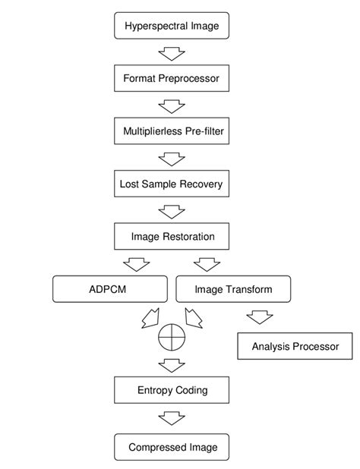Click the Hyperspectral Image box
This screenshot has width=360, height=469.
click(x=171, y=26)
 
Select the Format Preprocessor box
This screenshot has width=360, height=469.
click(x=171, y=78)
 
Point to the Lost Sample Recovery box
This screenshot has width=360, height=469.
click(x=171, y=184)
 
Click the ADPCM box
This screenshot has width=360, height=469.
click(x=110, y=289)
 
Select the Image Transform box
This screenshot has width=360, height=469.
click(x=233, y=289)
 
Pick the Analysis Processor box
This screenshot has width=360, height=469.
click(x=295, y=347)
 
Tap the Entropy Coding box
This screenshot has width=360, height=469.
click(x=171, y=390)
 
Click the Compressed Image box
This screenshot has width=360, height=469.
click(x=171, y=447)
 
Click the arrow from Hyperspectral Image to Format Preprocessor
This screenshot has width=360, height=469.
click(x=171, y=52)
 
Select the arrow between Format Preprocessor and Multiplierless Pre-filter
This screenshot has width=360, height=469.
click(x=171, y=105)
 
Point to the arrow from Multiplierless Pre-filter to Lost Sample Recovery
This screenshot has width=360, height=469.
click(x=171, y=158)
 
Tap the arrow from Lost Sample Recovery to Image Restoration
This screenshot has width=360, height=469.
click(x=171, y=210)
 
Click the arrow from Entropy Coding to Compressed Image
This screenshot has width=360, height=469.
click(x=171, y=418)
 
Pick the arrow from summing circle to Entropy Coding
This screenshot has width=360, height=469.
click(x=171, y=364)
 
